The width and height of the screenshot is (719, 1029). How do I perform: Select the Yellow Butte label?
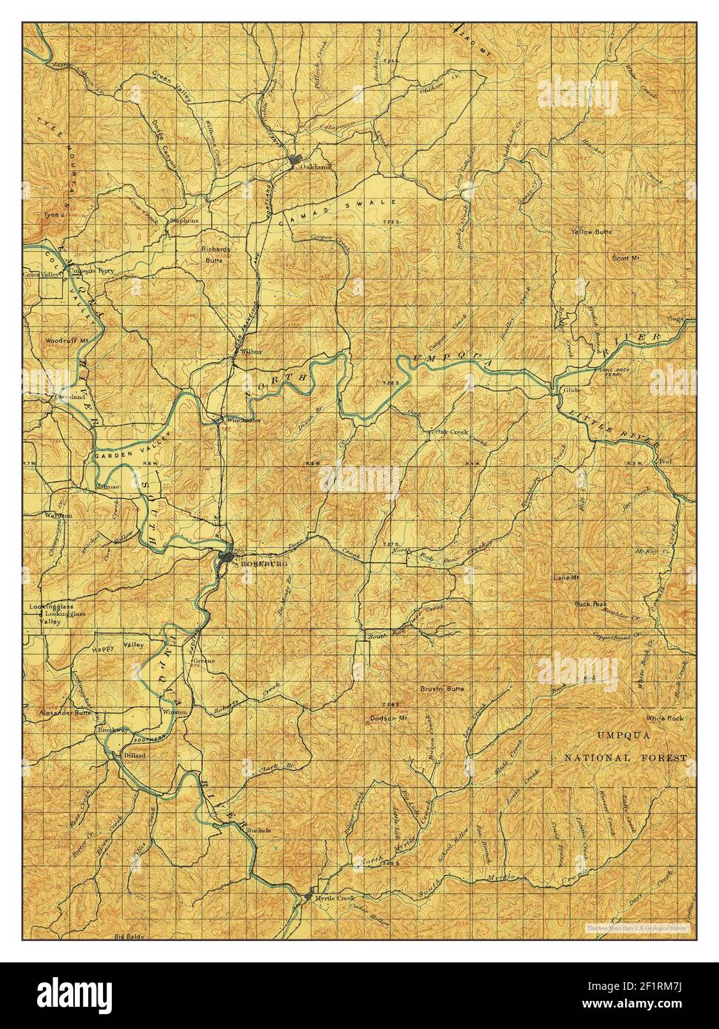(x=592, y=232)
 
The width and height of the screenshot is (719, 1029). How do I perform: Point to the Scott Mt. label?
(x=625, y=258)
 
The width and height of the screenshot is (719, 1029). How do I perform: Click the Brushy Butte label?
(x=442, y=688)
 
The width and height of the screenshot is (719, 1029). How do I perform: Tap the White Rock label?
(x=663, y=718)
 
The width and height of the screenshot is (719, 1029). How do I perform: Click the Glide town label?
(x=571, y=389)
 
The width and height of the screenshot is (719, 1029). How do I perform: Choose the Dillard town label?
(x=135, y=755)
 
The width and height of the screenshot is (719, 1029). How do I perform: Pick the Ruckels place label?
(x=259, y=831)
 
